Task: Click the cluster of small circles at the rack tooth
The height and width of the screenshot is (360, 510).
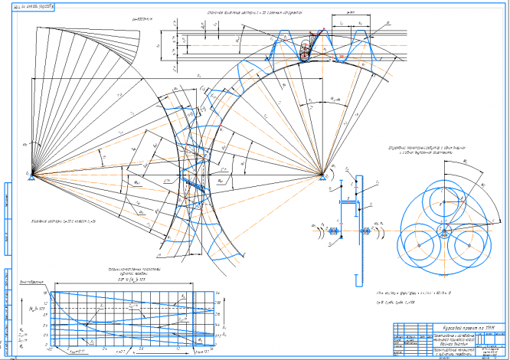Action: click(x=306, y=52)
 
